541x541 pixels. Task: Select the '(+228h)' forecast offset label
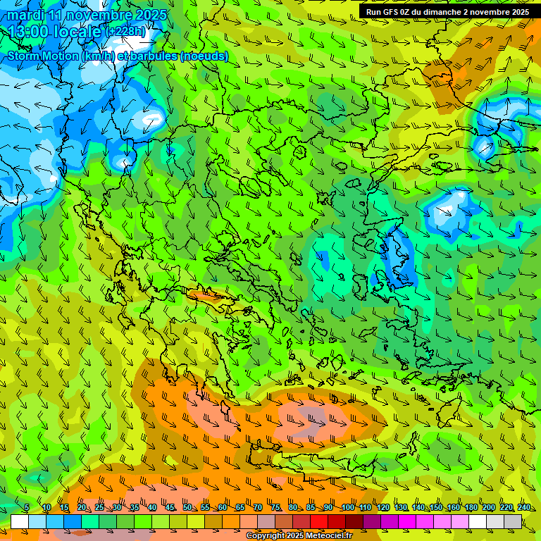pos(126,31)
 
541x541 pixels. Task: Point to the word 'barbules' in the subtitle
pos(153,56)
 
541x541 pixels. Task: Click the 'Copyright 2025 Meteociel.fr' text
pos(299,536)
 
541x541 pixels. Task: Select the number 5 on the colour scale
pos(27,508)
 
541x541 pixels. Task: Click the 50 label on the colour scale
pos(187,508)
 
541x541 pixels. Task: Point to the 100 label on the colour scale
pos(348,508)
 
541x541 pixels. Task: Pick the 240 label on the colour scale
pos(524,508)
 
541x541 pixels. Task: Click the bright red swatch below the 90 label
pos(319,522)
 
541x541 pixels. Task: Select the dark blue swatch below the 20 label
pos(73,522)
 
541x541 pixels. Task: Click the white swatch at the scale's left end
pos(20,522)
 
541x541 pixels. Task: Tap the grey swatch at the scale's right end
pos(513,522)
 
